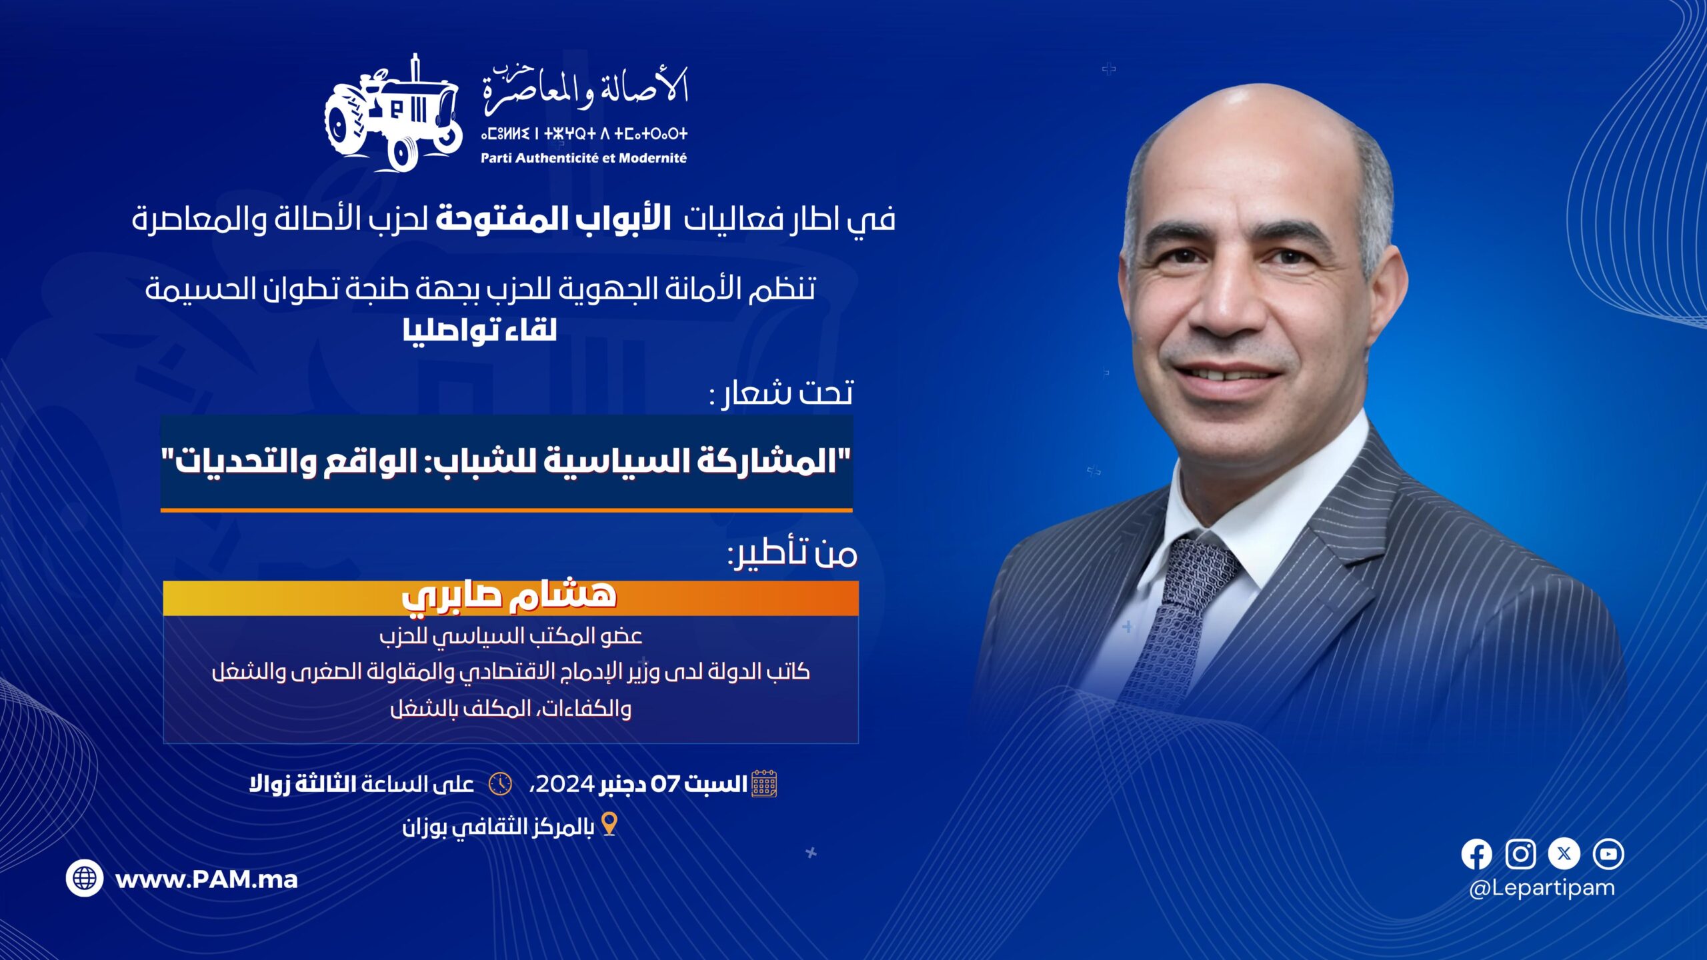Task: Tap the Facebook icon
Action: pyautogui.click(x=1476, y=854)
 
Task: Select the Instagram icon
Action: pyautogui.click(x=1520, y=854)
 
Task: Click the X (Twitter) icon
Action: pyautogui.click(x=1564, y=854)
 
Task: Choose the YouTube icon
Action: pyautogui.click(x=1608, y=854)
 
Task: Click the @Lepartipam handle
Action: pyautogui.click(x=1542, y=889)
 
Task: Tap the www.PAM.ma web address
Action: pyautogui.click(x=206, y=879)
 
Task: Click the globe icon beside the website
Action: pyautogui.click(x=85, y=878)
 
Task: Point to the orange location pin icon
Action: pyautogui.click(x=609, y=824)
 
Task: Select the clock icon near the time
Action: pyautogui.click(x=500, y=784)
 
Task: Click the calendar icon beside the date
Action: pyautogui.click(x=764, y=784)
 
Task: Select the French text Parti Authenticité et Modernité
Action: pyautogui.click(x=583, y=158)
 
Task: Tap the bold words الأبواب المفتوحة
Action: pyautogui.click(x=553, y=219)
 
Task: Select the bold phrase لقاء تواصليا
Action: pyautogui.click(x=479, y=330)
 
